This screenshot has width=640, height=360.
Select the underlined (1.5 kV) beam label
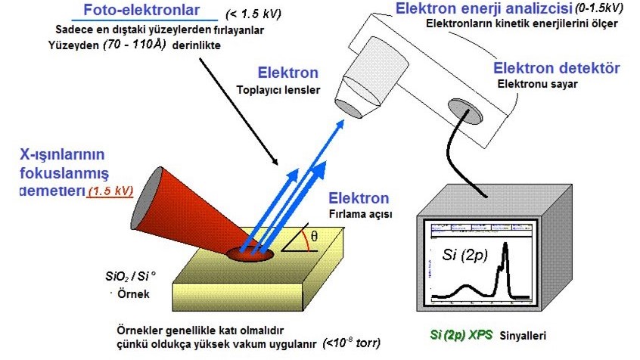[x=110, y=191]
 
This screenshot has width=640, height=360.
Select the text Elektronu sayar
[x=536, y=83]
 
